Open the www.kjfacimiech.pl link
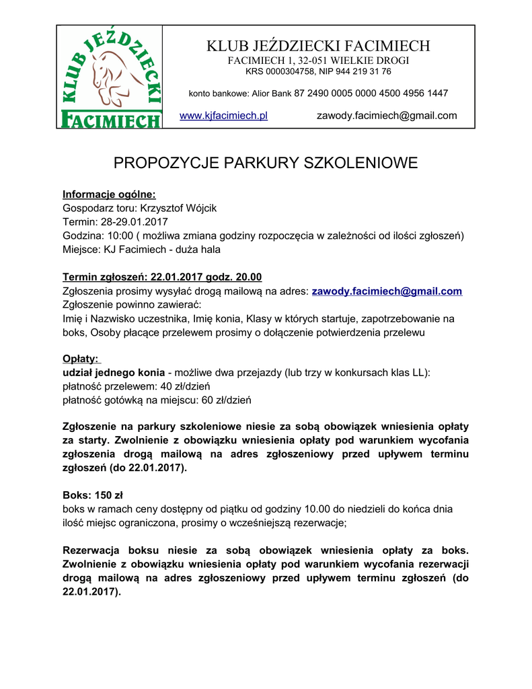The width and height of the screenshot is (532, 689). [x=224, y=116]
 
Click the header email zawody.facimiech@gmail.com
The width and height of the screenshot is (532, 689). [x=387, y=116]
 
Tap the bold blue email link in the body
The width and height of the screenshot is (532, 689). [x=387, y=291]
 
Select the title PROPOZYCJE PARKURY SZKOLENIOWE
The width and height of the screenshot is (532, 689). [x=266, y=163]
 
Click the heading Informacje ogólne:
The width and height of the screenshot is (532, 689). [x=109, y=194]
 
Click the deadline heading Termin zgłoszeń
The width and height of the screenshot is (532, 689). [x=105, y=277]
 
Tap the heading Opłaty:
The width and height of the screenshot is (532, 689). [x=81, y=359]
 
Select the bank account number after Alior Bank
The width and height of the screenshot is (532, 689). [x=371, y=93]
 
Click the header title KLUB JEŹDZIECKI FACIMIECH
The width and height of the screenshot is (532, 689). [x=318, y=46]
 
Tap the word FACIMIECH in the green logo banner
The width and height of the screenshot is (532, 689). [x=110, y=120]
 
